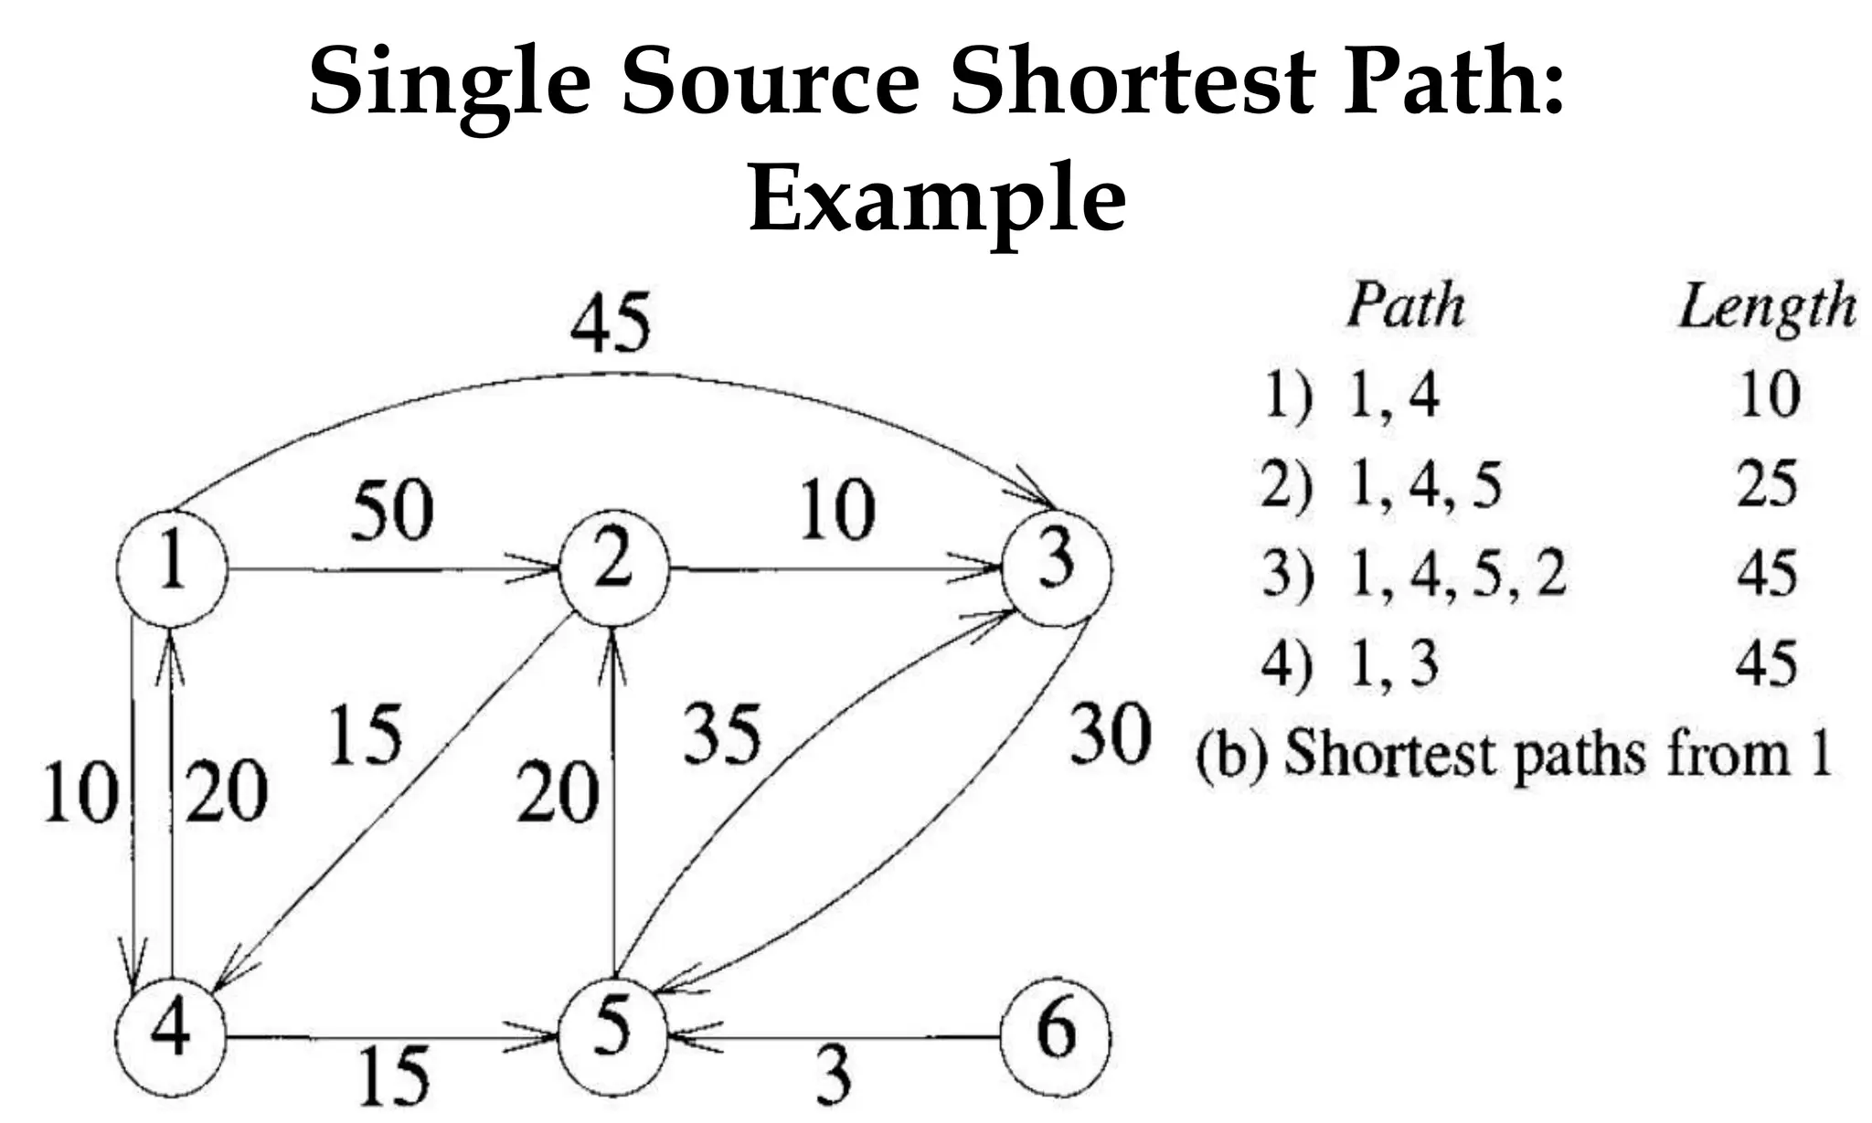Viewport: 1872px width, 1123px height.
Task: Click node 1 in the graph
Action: [172, 569]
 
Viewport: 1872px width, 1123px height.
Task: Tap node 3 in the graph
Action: [1057, 569]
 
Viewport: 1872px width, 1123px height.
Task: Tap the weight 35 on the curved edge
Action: [722, 734]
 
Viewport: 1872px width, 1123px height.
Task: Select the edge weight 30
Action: [1110, 734]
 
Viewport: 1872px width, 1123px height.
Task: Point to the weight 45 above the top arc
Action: [610, 323]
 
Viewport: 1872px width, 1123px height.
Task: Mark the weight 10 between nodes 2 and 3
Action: [837, 512]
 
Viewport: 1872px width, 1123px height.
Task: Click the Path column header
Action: [1406, 305]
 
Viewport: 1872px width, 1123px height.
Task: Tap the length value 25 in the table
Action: [1768, 484]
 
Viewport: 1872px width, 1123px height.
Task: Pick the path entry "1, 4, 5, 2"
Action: [1457, 576]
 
